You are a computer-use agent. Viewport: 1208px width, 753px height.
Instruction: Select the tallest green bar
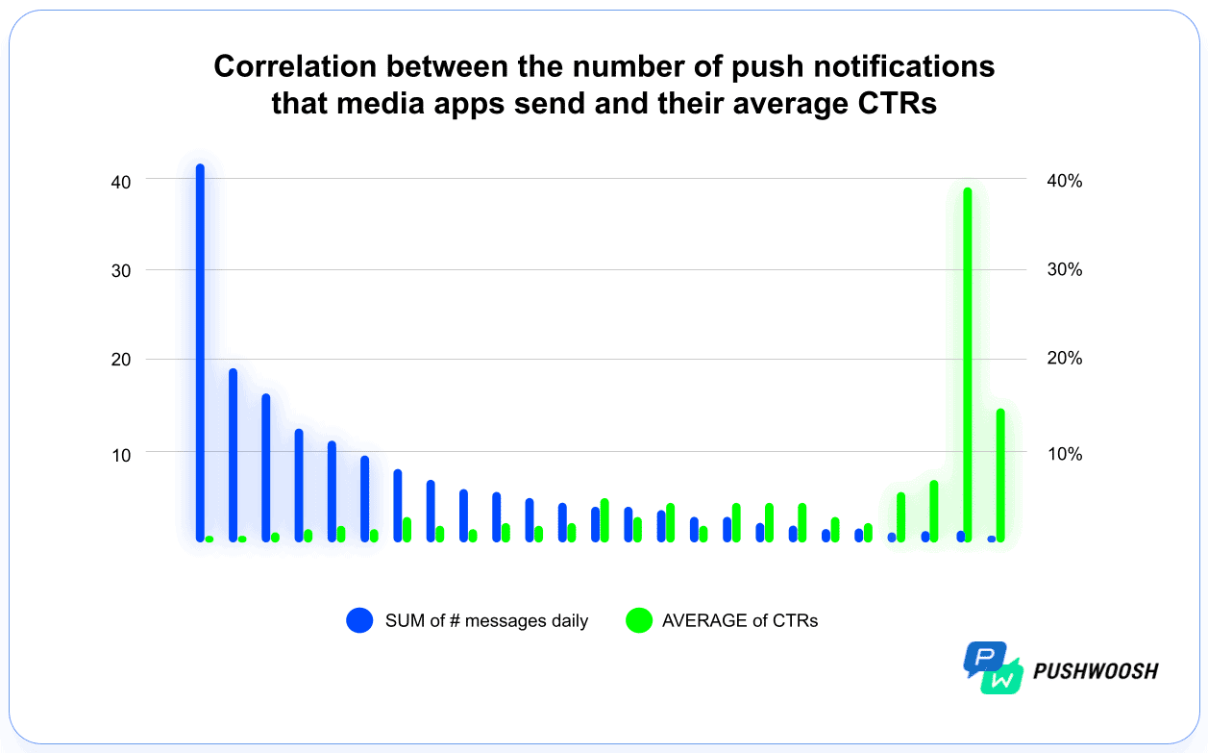(x=968, y=365)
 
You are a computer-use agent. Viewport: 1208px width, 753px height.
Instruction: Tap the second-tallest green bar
(x=1000, y=475)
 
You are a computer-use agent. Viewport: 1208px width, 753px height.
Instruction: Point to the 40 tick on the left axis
(x=121, y=180)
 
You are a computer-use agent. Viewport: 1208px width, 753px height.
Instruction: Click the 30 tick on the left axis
(x=121, y=270)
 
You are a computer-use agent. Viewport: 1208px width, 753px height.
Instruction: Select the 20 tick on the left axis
(x=121, y=360)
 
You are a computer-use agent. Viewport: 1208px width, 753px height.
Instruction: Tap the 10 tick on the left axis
(x=121, y=452)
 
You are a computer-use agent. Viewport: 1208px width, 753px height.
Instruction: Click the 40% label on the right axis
(x=1063, y=181)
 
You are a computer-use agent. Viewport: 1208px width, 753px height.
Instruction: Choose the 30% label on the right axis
(x=1063, y=270)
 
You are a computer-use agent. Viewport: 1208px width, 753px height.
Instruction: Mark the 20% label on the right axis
(x=1063, y=360)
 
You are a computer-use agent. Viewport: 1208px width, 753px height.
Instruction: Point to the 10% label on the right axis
(x=1063, y=453)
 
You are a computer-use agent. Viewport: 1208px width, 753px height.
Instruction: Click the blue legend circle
(x=359, y=620)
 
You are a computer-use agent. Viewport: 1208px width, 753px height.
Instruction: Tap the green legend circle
(x=638, y=620)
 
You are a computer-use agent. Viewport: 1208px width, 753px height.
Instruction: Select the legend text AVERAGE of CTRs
(x=740, y=620)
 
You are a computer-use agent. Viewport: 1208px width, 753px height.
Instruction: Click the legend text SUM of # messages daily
(x=486, y=620)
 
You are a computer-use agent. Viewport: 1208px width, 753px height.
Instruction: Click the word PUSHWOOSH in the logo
(x=1096, y=670)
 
